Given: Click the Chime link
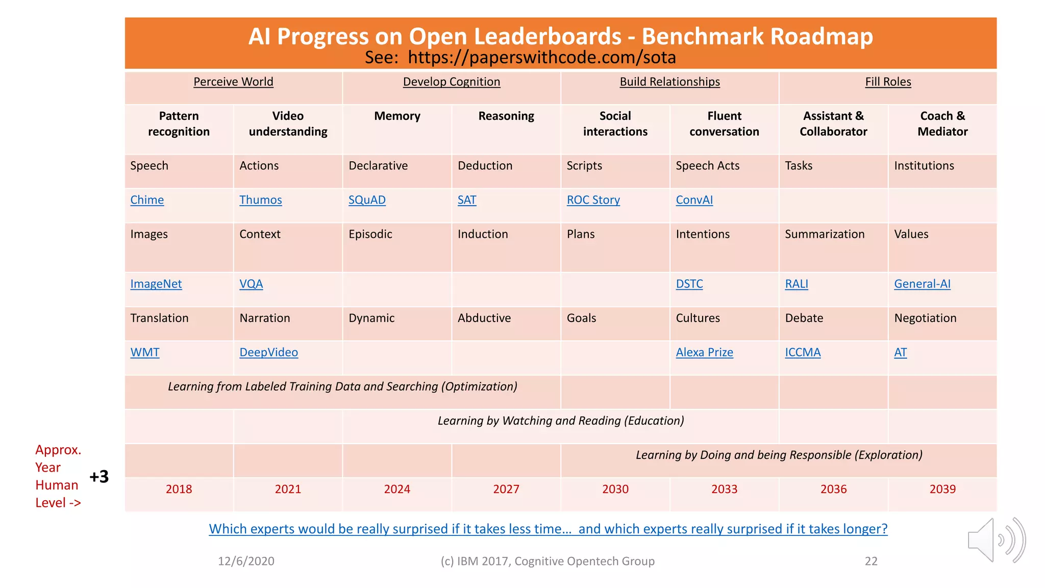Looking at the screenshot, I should (147, 200).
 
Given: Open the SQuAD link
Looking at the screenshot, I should (367, 200).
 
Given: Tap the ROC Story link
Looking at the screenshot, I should (593, 200).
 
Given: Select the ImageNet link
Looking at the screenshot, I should (156, 284).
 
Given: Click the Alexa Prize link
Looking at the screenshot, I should (704, 352).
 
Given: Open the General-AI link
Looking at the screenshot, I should (922, 284).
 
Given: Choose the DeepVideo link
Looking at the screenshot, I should (268, 352).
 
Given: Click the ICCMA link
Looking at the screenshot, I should (803, 352).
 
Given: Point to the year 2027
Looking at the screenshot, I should (506, 489).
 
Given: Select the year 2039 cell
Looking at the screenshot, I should (942, 489).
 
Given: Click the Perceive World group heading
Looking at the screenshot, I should (233, 82).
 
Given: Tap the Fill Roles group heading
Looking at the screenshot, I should (888, 82).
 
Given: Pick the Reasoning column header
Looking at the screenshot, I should (506, 116).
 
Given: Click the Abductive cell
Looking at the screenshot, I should (484, 318).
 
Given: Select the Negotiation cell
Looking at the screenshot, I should (925, 318).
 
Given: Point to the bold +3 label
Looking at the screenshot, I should (99, 477).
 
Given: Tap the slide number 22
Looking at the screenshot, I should (871, 561).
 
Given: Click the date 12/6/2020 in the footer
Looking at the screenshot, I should (246, 561).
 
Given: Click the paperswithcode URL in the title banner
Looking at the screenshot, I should (542, 58).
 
